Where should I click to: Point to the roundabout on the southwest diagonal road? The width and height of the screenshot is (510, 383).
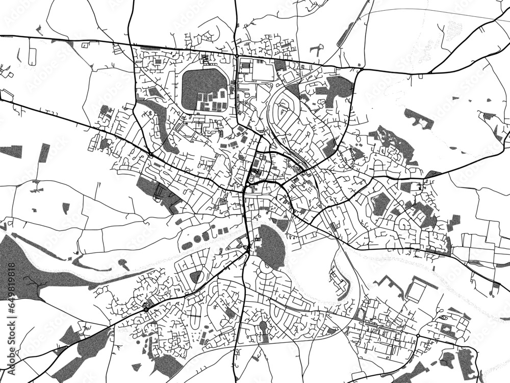point(146,308)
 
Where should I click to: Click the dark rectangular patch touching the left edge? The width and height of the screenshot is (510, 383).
point(11,151)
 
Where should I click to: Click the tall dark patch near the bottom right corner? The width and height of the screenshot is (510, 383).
point(465,364)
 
